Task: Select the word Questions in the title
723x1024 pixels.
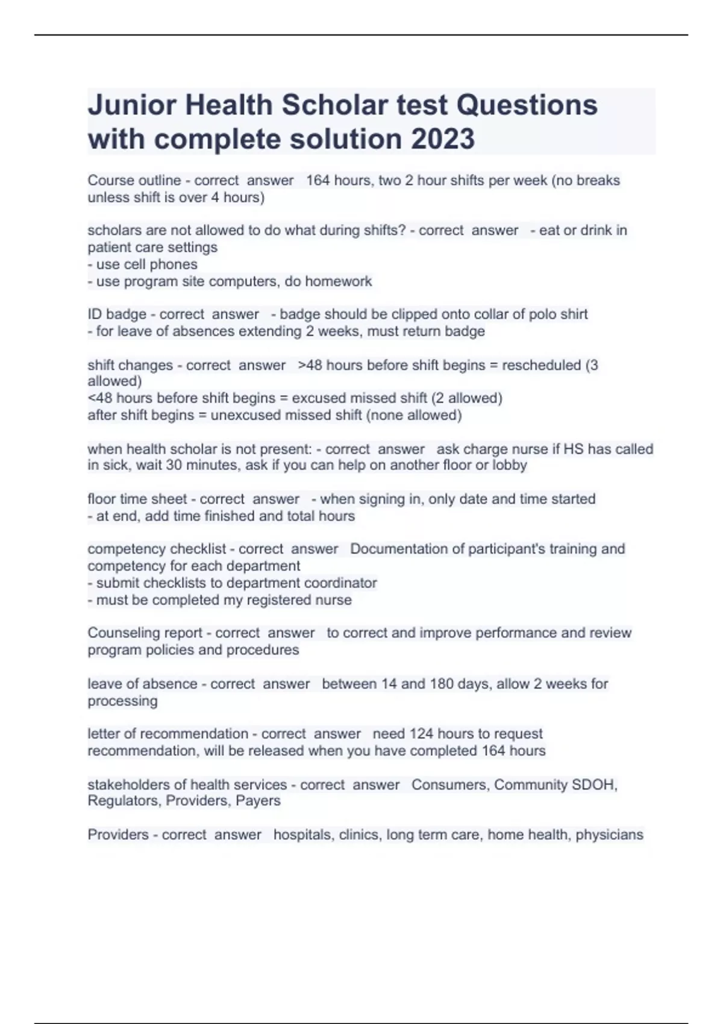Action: click(527, 105)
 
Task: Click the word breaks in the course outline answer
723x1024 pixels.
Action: click(598, 180)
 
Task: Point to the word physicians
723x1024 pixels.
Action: click(609, 835)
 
